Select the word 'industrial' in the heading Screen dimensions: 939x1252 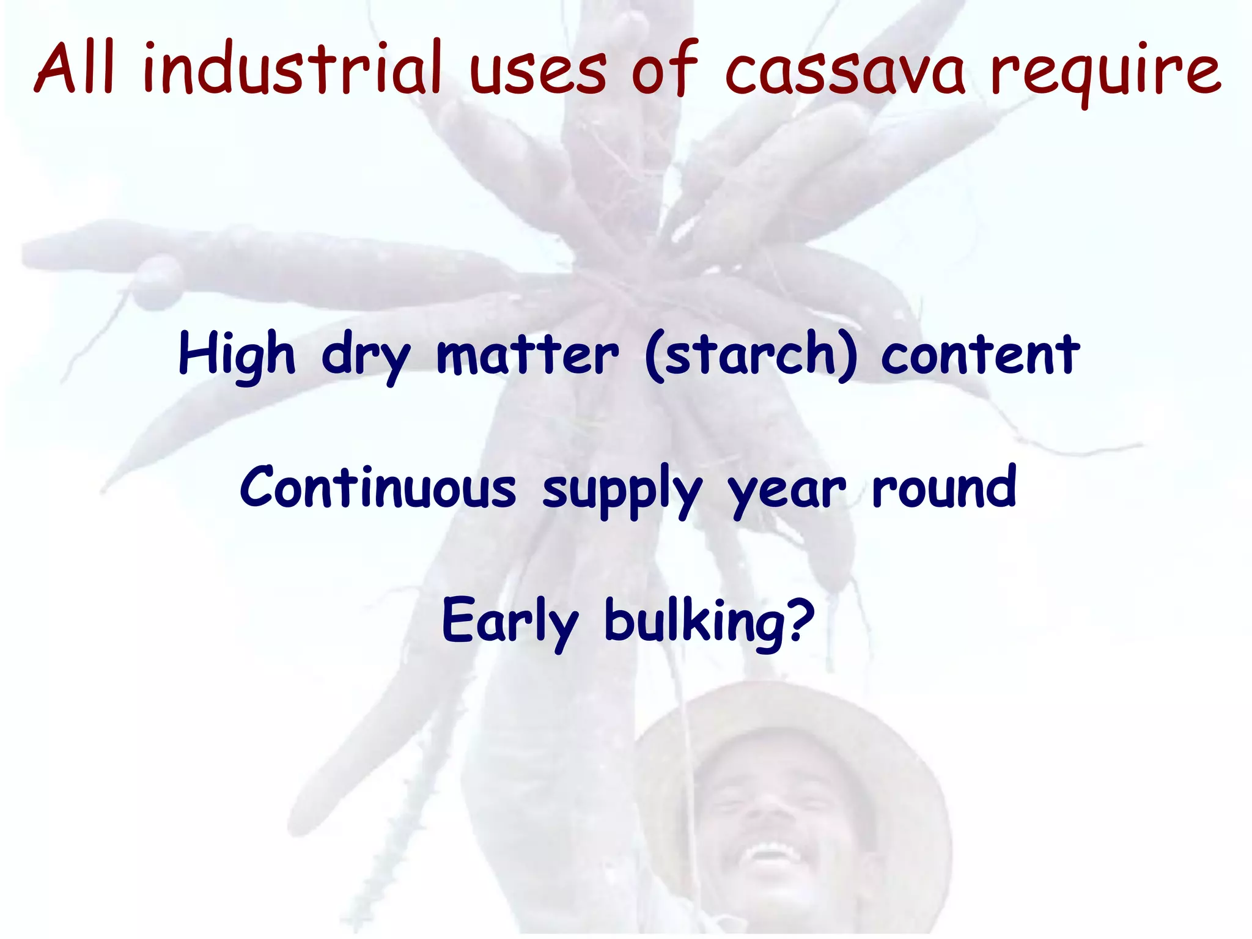point(292,68)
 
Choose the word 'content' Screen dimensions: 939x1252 point(980,356)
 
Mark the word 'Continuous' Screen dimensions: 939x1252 point(378,488)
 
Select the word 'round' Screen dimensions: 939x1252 point(944,488)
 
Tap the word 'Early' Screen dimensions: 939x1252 point(509,622)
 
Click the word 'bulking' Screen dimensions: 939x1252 point(694,622)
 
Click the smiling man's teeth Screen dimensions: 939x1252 point(771,851)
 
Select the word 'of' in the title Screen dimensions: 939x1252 point(663,68)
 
